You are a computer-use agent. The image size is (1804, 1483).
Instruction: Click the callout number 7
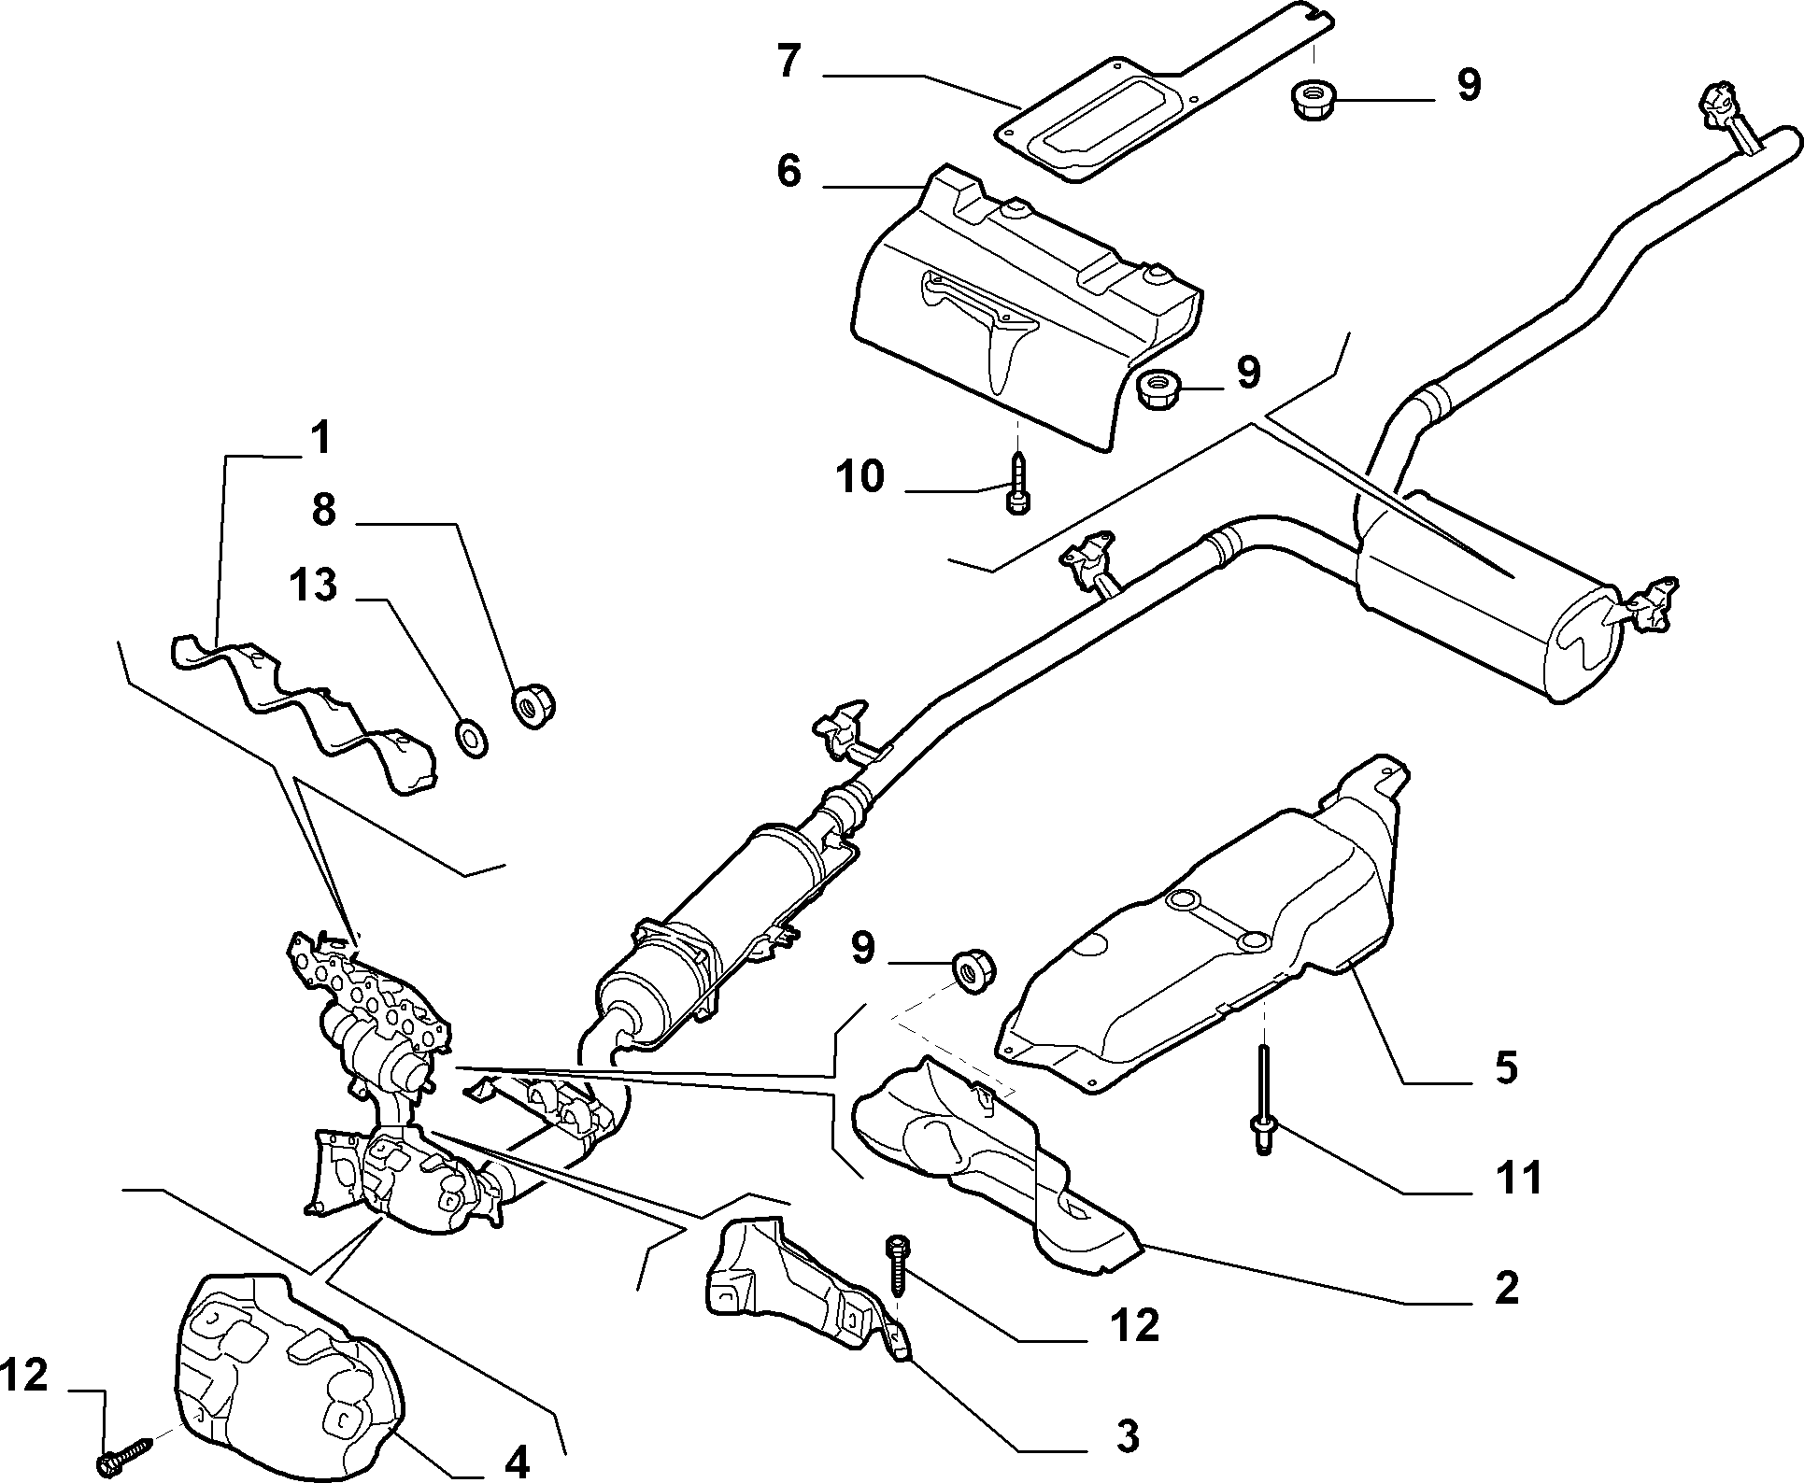click(x=788, y=62)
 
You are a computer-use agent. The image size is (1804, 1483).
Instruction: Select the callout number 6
click(x=788, y=171)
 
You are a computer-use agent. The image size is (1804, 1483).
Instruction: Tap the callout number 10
click(x=859, y=477)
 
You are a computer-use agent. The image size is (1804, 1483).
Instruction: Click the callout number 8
click(x=323, y=511)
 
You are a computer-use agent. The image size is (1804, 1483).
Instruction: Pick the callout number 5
click(x=1505, y=1066)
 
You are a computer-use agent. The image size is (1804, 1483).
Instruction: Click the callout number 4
click(x=517, y=1459)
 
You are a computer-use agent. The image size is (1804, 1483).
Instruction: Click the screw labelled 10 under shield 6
click(x=1017, y=482)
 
